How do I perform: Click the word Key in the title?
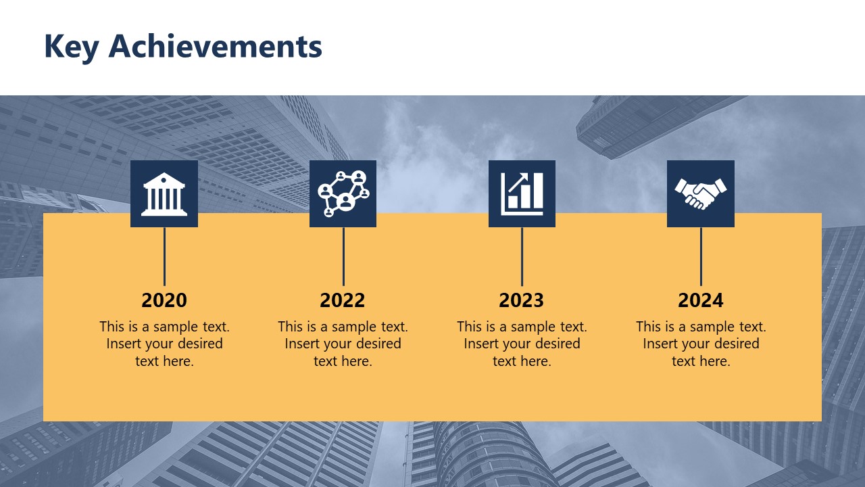tap(72, 47)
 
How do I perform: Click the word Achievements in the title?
tap(215, 46)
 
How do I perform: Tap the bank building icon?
tap(164, 193)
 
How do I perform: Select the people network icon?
tap(343, 193)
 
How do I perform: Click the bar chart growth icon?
tap(522, 193)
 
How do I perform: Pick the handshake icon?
tap(700, 193)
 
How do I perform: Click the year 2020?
tap(164, 300)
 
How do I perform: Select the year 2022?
tap(343, 300)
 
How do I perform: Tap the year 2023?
tap(521, 300)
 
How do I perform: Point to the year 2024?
tap(700, 300)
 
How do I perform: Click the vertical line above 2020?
tap(164, 256)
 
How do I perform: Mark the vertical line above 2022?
tap(343, 256)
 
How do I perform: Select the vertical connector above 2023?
tap(522, 256)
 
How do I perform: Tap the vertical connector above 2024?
tap(701, 256)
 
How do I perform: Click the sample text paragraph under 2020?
tap(164, 344)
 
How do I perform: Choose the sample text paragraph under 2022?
tap(343, 344)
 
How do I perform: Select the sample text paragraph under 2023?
tap(522, 344)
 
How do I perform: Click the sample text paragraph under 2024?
tap(701, 344)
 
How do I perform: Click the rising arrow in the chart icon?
tap(519, 183)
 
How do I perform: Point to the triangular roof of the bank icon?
tap(164, 179)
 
